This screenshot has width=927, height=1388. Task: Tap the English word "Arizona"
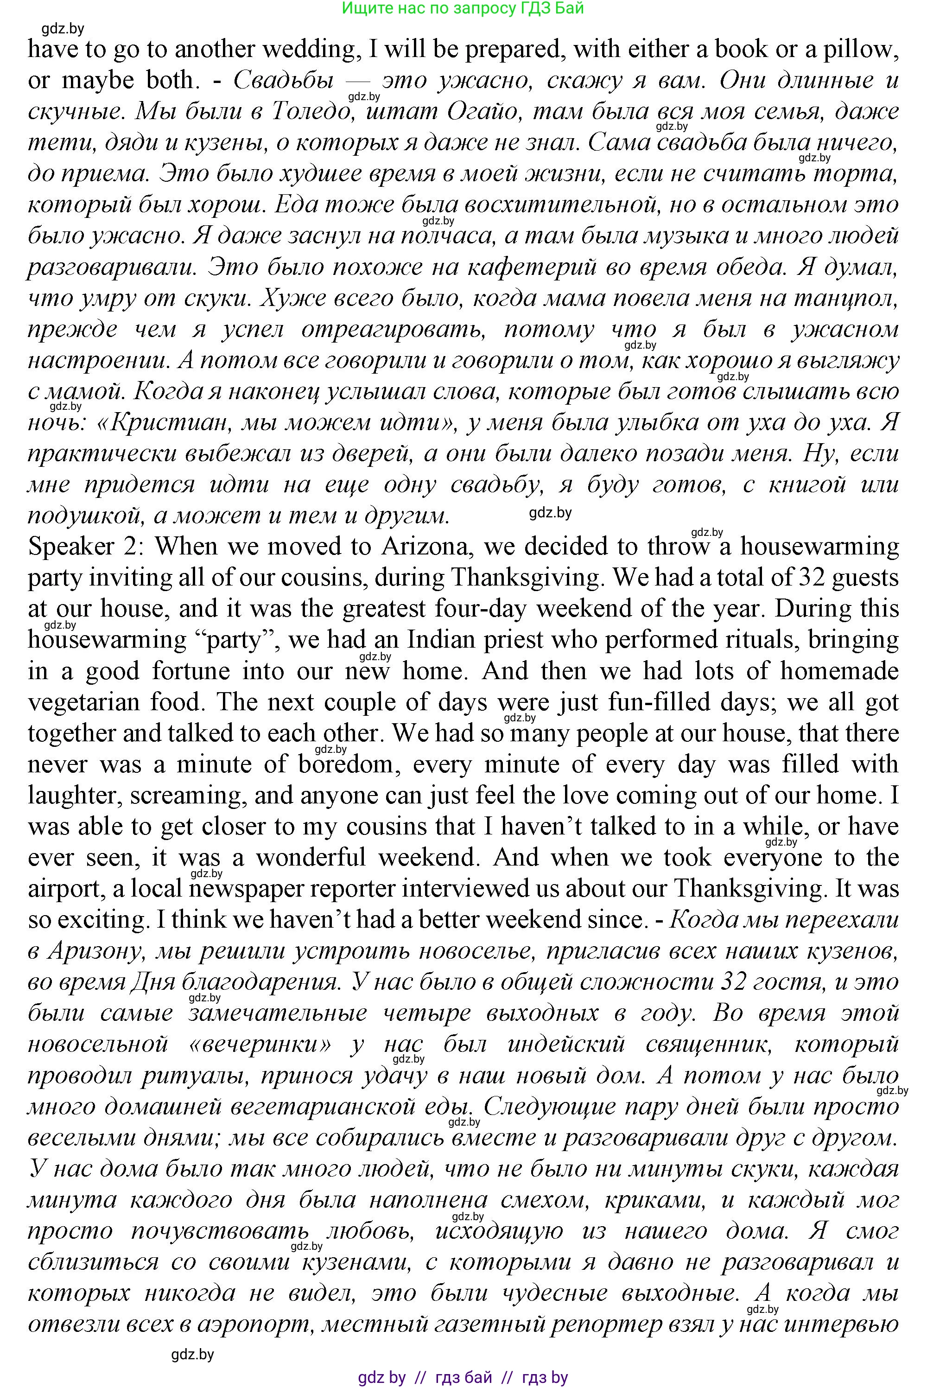(425, 546)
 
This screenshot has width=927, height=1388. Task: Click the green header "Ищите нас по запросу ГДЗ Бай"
(463, 8)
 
